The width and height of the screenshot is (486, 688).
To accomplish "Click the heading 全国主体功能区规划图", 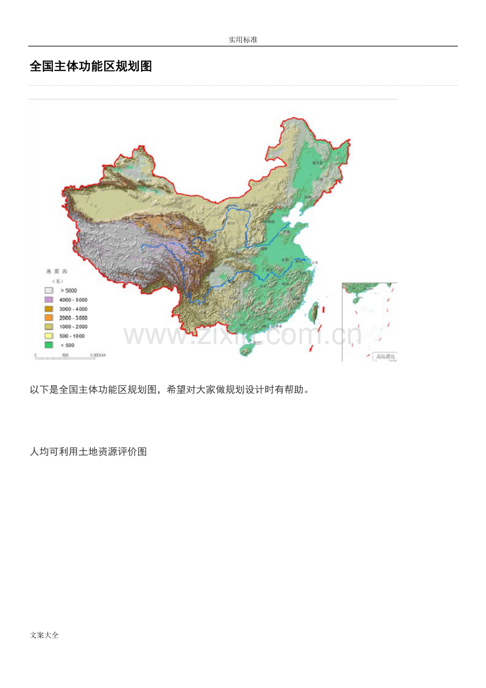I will (x=91, y=67).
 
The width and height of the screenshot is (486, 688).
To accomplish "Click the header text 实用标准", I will (x=243, y=40).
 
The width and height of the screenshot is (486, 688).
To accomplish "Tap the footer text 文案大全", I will (x=44, y=635).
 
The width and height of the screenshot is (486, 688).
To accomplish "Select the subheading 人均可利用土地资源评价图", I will (x=88, y=452).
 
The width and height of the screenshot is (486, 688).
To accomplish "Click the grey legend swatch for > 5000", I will (x=49, y=291).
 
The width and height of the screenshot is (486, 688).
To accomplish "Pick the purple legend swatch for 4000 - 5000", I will (x=49, y=300).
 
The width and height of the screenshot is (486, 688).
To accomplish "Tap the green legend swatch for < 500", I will (x=49, y=345).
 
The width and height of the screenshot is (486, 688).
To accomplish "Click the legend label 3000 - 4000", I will (x=73, y=309).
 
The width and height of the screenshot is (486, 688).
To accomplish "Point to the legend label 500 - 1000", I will (x=72, y=336).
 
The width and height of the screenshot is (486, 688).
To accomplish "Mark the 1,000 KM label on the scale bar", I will (x=98, y=355).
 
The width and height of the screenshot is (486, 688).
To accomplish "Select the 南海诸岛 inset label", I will (x=385, y=356).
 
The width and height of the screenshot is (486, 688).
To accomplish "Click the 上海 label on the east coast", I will (x=315, y=262).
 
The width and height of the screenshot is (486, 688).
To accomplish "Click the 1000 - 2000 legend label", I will (x=73, y=327).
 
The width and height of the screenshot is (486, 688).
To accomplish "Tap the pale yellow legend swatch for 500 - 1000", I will (x=49, y=336).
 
